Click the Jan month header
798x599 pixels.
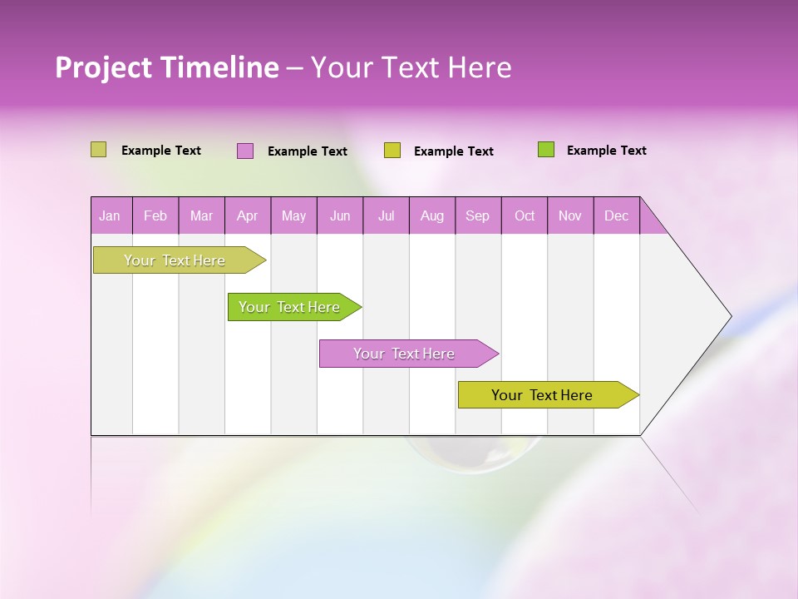pyautogui.click(x=110, y=215)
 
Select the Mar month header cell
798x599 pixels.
pyautogui.click(x=201, y=215)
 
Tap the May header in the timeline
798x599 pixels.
pyautogui.click(x=293, y=215)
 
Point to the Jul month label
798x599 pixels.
pyautogui.click(x=386, y=215)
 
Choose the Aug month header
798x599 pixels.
pyautogui.click(x=431, y=215)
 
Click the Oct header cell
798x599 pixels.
pyautogui.click(x=525, y=215)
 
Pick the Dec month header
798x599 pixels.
pyautogui.click(x=616, y=215)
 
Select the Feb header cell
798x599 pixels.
pyautogui.click(x=155, y=215)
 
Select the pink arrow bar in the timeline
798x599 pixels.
pyautogui.click(x=406, y=354)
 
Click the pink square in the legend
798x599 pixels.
pyautogui.click(x=245, y=151)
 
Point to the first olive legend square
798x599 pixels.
pyautogui.click(x=99, y=150)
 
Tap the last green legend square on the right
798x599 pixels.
pyautogui.click(x=546, y=150)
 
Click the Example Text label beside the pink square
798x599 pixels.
pyautogui.click(x=307, y=151)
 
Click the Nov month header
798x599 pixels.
pyautogui.click(x=570, y=215)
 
